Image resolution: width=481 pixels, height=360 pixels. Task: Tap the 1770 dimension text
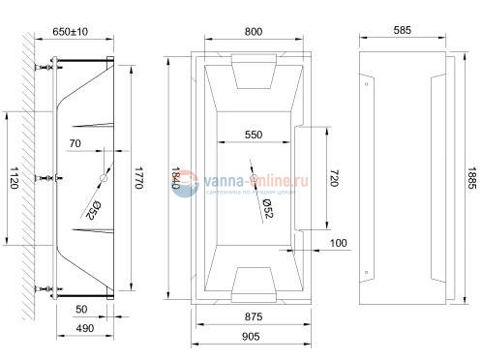point(139,177)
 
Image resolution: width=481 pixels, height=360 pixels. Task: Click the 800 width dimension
point(253,32)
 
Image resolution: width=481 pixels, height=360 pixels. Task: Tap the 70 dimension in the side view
point(75,143)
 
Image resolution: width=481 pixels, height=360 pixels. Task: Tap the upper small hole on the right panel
point(367,84)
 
